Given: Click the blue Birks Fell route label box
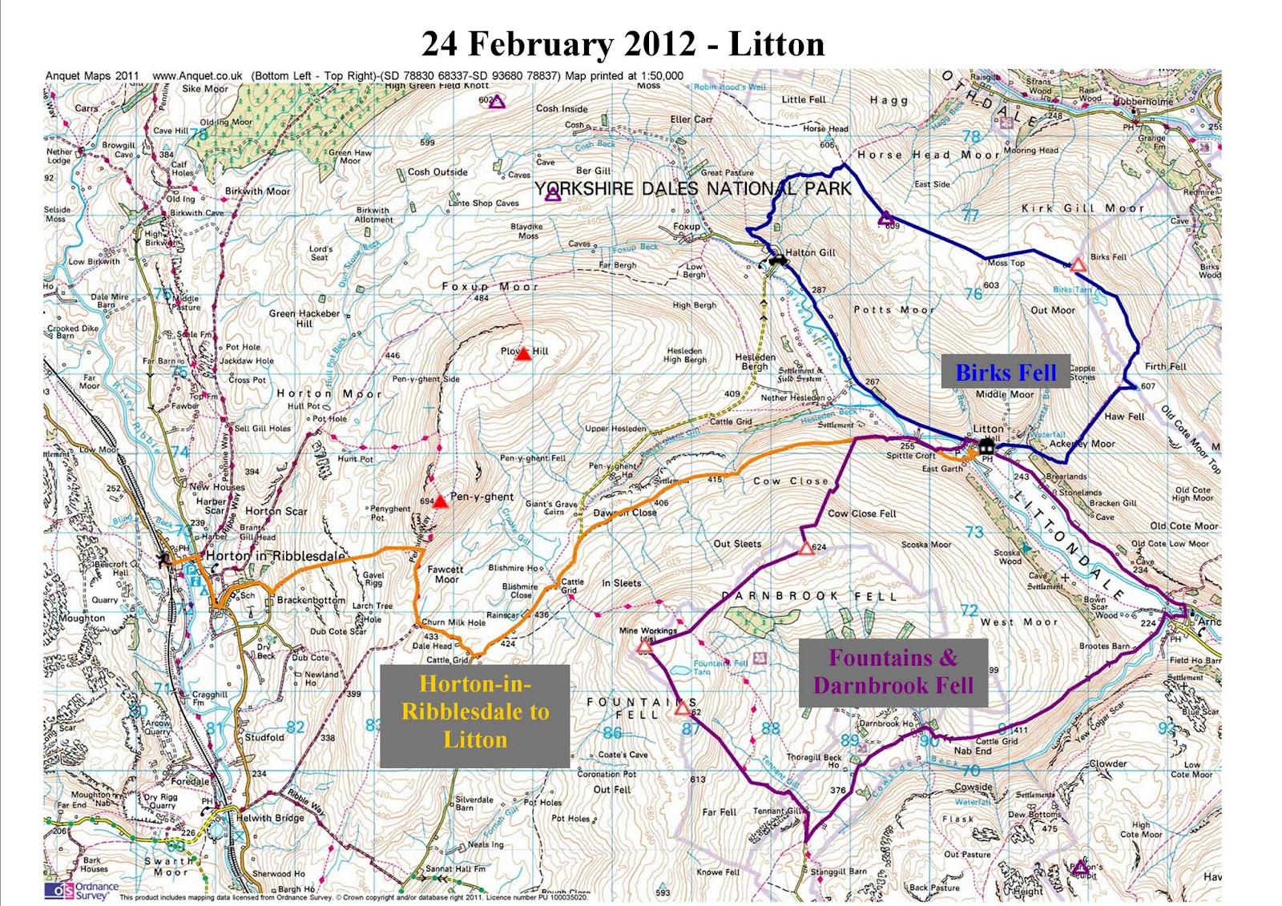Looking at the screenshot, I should point(1006,372).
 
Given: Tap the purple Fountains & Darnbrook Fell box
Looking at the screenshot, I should point(893,672).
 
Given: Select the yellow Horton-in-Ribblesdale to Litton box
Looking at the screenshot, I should point(475,711).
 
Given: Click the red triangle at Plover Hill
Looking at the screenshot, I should point(523,353).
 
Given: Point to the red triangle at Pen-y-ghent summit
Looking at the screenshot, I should point(440,502).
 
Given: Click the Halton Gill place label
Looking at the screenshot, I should point(810,252).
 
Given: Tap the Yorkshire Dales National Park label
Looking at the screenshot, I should point(692,189).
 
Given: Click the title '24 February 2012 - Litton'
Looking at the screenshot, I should point(623,44).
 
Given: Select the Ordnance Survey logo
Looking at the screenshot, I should point(82,891).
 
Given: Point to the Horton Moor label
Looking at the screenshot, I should point(329,393).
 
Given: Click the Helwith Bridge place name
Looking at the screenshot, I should point(271,818).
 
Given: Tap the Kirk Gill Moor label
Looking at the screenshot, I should point(1082,208).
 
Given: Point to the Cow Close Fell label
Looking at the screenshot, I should point(861,513).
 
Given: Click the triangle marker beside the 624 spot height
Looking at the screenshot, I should point(806,549).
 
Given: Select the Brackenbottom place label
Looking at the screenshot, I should point(311,600).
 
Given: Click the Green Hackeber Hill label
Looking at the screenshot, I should point(304,318).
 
